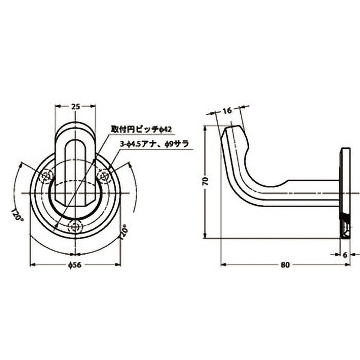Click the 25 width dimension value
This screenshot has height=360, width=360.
coord(75,107)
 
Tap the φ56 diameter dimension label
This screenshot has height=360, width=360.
coord(75,265)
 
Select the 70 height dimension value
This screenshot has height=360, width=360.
coord(205,181)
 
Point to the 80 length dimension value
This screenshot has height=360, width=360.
coord(284,265)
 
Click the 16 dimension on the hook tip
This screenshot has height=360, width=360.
coord(227,110)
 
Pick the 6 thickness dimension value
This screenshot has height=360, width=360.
coord(345,255)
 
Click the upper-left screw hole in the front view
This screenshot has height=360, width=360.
coord(46,177)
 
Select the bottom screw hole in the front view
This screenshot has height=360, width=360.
coord(75,225)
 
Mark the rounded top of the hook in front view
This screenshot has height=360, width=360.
coord(75,127)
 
